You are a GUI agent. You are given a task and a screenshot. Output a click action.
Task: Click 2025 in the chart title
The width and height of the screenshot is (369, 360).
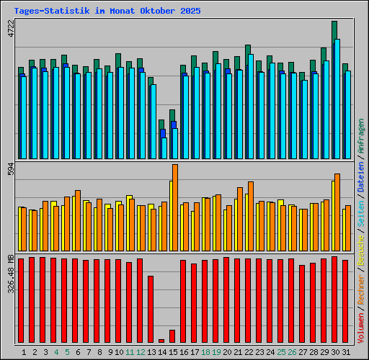191,12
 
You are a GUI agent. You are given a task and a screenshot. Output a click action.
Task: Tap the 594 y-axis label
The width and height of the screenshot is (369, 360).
10,170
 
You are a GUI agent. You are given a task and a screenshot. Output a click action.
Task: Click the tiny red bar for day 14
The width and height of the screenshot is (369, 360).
161,341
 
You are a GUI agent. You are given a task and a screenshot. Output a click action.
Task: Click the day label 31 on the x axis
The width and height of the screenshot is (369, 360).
346,352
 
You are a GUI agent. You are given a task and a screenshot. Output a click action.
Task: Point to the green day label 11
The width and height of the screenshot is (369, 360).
130,352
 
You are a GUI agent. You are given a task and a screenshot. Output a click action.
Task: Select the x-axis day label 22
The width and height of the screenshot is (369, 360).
249,352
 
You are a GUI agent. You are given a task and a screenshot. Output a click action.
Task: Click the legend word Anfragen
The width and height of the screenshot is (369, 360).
361,138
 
